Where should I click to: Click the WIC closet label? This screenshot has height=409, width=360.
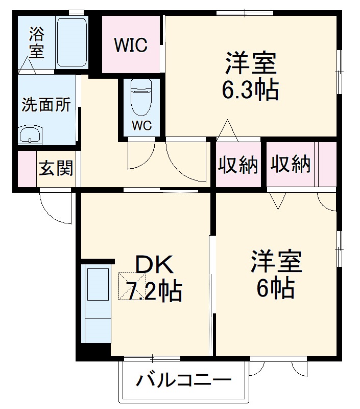tap(131, 45)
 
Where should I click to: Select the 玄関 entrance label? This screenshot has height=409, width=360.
tap(56, 168)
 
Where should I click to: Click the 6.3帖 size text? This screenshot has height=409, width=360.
tap(250, 90)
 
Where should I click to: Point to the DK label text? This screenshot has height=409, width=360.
tap(154, 265)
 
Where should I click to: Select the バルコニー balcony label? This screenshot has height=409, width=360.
tap(183, 381)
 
